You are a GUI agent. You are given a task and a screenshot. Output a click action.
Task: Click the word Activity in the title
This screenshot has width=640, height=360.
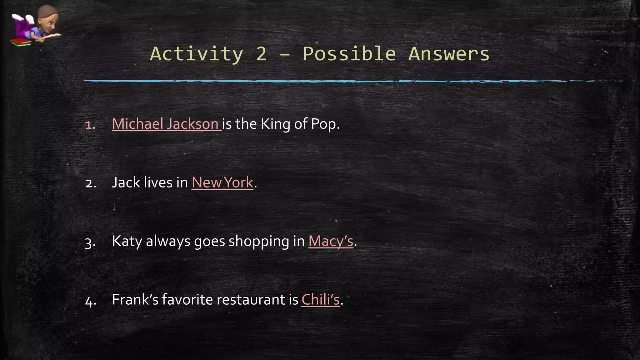click(197, 54)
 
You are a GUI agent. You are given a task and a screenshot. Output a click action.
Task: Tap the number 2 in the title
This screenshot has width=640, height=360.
click(262, 54)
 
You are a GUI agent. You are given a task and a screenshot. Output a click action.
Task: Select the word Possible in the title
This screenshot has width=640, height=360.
click(349, 54)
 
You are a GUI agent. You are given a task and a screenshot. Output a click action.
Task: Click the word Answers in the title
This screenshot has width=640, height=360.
click(449, 54)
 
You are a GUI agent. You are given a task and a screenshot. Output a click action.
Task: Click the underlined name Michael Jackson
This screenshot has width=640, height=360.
click(165, 124)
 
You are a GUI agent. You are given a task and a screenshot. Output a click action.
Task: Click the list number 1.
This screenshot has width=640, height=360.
click(90, 125)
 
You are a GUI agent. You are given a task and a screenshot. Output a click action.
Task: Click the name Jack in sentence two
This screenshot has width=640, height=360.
click(126, 182)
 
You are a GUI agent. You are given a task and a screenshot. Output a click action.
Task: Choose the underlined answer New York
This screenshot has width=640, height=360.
click(222, 182)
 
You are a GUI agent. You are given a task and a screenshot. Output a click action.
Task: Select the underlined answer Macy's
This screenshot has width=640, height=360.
click(331, 241)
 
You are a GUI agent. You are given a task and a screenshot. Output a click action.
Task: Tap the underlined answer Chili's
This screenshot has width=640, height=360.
click(320, 300)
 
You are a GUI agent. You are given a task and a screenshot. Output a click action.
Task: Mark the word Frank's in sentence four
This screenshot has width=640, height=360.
click(135, 300)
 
